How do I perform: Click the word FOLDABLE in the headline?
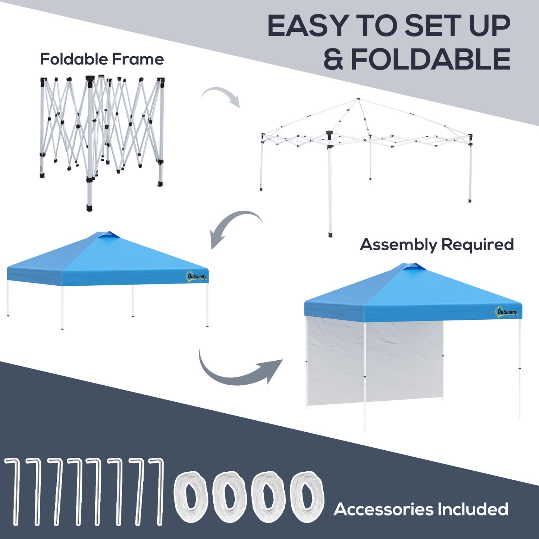(430, 59)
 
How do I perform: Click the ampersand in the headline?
(333, 59)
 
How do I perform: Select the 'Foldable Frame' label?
(102, 59)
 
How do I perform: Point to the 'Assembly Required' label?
(437, 245)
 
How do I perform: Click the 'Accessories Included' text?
(421, 509)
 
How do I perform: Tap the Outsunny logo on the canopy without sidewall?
(196, 276)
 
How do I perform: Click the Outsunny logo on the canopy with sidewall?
(507, 312)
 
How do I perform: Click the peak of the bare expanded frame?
(358, 99)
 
